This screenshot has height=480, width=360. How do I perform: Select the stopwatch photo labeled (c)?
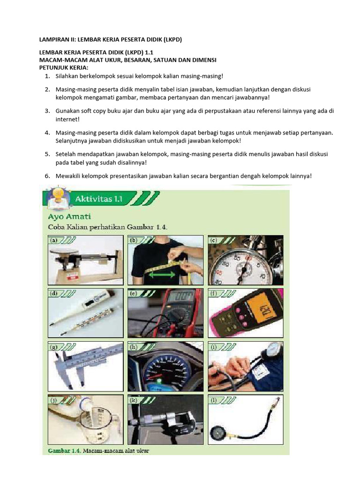(246, 260)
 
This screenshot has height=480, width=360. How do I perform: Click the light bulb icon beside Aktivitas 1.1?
(56, 196)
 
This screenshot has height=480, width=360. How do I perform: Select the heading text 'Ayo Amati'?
(70, 217)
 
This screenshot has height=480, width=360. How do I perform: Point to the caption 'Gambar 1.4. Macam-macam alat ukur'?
(102, 450)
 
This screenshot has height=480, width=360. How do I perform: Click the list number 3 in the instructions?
(47, 111)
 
